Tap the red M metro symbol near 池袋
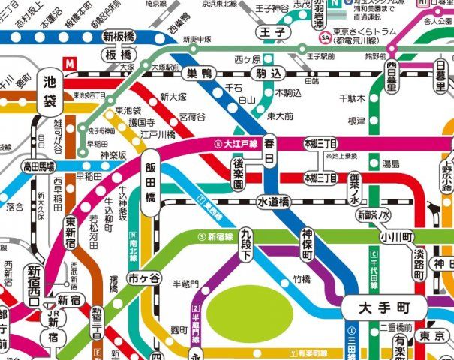tap(71, 65)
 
